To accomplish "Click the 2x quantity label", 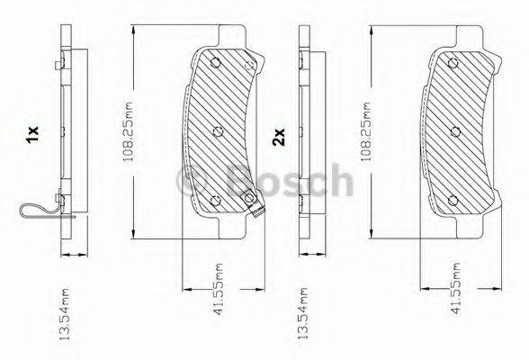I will coord(279,138).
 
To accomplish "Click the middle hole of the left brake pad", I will coord(220,131).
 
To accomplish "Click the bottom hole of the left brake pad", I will coord(214,201).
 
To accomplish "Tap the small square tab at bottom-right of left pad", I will coord(260,214).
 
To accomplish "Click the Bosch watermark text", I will coord(269,182).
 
